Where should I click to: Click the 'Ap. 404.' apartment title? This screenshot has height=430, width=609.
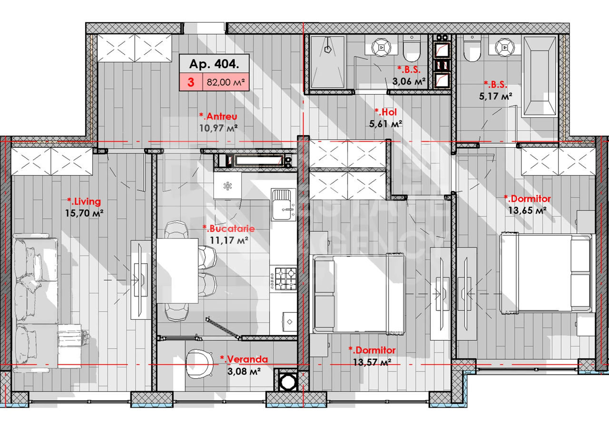pos(214,64)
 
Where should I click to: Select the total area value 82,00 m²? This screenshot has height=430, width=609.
pos(226,82)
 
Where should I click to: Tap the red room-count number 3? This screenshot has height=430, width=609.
pos(191,82)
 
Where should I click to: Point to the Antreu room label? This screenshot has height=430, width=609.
pos(218,116)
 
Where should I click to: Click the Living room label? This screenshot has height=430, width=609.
pos(84,201)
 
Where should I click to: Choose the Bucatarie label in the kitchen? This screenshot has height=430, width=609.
pos(229,229)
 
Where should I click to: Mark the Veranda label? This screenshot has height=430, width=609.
pos(244,359)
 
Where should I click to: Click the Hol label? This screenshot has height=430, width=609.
pos(386,112)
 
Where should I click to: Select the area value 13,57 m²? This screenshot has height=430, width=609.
pos(372,362)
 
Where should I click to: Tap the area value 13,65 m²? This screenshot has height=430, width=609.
pos(528,210)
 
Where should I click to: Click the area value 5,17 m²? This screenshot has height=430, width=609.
pos(496,96)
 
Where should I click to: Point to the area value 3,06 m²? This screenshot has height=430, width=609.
pos(409,81)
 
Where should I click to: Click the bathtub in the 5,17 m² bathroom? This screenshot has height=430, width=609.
pos(540,77)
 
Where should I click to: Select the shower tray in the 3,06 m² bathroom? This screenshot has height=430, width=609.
pos(328,62)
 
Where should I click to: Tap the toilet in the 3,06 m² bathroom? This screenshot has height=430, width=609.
pos(412,48)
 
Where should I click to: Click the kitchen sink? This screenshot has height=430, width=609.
pos(283,205)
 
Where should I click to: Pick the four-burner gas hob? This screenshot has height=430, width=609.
pos(285,279)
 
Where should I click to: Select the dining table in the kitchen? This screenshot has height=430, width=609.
pos(177,271)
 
